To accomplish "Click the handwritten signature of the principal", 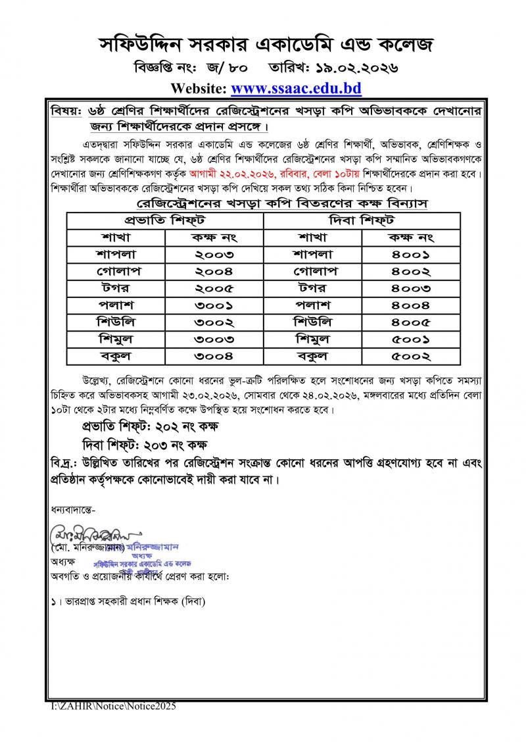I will coord(85,531).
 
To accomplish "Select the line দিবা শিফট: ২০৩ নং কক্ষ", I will coord(146,444).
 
